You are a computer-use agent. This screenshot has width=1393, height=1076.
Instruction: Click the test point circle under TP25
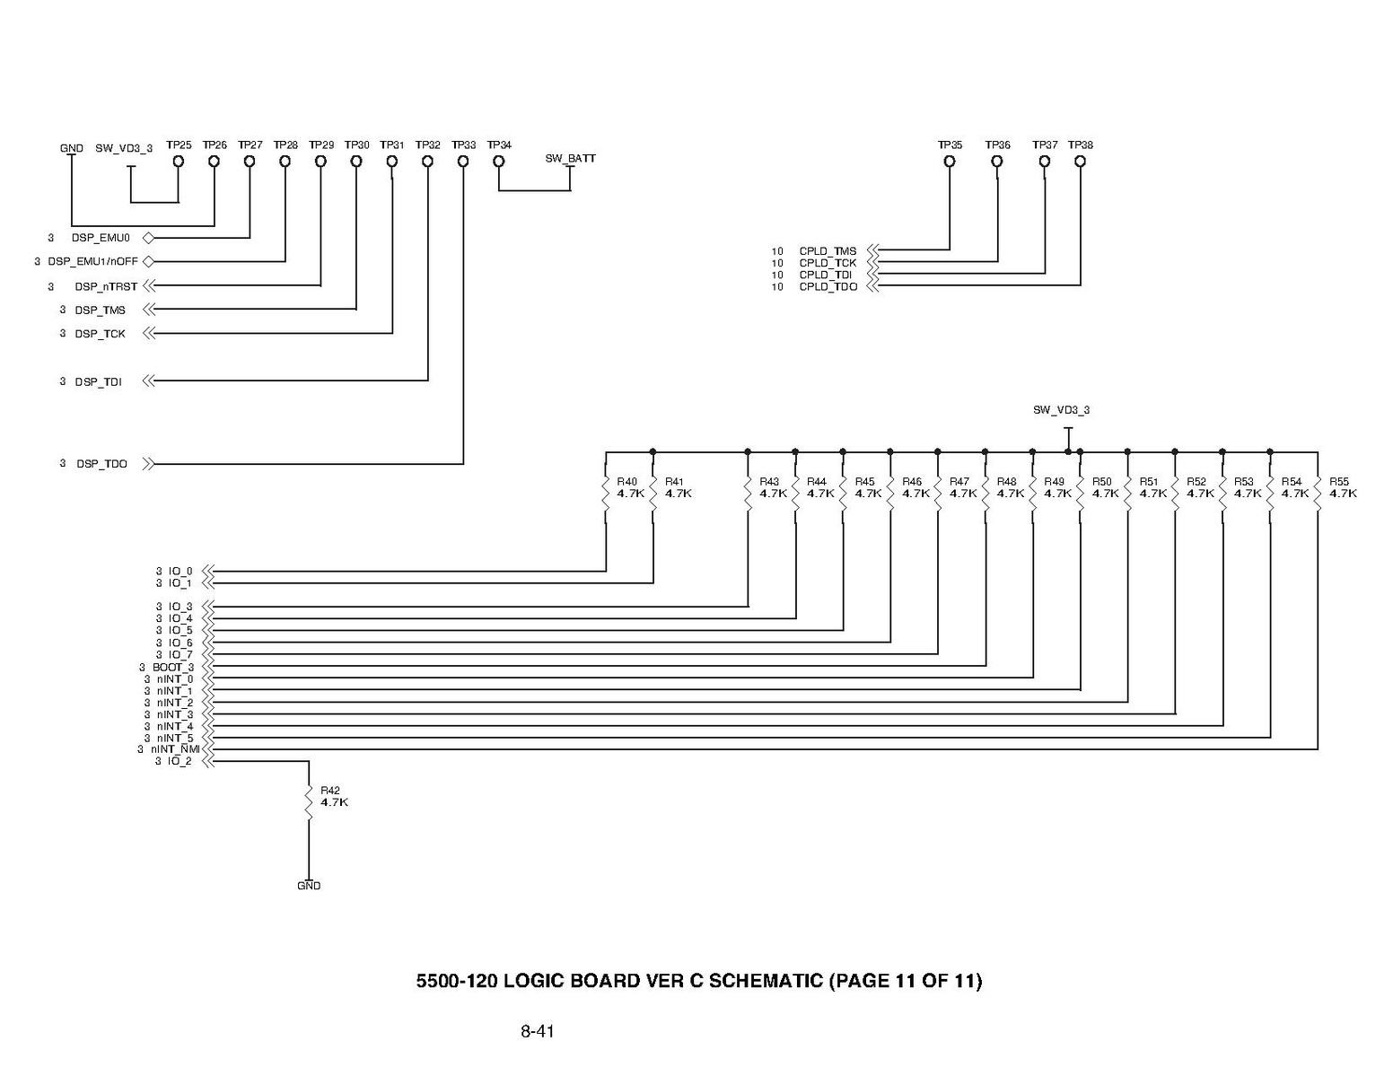[179, 162]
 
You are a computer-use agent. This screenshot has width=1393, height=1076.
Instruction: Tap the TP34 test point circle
[499, 162]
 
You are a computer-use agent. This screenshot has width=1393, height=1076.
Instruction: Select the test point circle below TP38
[1080, 162]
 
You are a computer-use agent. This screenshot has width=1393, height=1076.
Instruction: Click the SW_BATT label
[570, 159]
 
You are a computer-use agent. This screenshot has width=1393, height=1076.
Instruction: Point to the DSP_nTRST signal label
[106, 286]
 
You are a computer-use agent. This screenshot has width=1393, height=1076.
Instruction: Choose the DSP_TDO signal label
[101, 464]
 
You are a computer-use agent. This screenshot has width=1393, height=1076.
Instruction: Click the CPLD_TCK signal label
[828, 263]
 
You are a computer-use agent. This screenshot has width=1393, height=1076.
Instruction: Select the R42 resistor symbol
[309, 803]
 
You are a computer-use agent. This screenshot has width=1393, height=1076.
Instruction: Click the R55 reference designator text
[1339, 482]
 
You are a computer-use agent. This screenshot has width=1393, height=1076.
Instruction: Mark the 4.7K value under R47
[963, 494]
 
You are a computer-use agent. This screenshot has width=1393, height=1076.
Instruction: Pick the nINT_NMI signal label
[174, 749]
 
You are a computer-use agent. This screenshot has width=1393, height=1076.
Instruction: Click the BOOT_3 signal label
[172, 668]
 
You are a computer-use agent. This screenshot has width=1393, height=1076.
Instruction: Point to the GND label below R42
[309, 886]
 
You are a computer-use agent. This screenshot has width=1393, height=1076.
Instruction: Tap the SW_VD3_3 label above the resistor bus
[1061, 410]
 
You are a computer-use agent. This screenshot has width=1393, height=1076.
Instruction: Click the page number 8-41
[537, 1031]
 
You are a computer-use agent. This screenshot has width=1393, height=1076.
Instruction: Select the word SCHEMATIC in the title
[765, 981]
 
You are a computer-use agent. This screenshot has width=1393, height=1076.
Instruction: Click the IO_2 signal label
[180, 762]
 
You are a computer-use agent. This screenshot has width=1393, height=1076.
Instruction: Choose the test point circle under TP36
[996, 162]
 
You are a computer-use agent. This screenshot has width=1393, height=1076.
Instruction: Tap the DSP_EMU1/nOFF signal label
[92, 261]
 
